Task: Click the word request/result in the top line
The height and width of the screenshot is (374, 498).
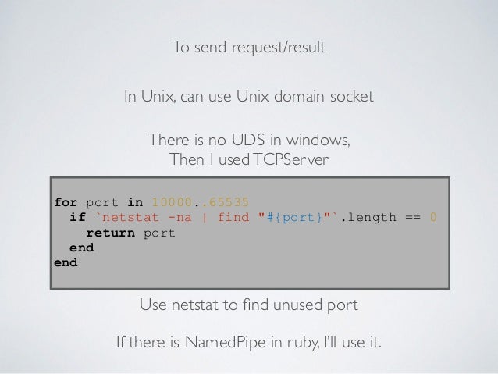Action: tap(279, 48)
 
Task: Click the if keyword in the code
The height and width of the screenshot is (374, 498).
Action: tap(77, 219)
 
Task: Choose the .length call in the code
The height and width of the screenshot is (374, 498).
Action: tap(369, 219)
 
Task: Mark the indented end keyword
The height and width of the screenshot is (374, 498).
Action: tap(81, 248)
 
